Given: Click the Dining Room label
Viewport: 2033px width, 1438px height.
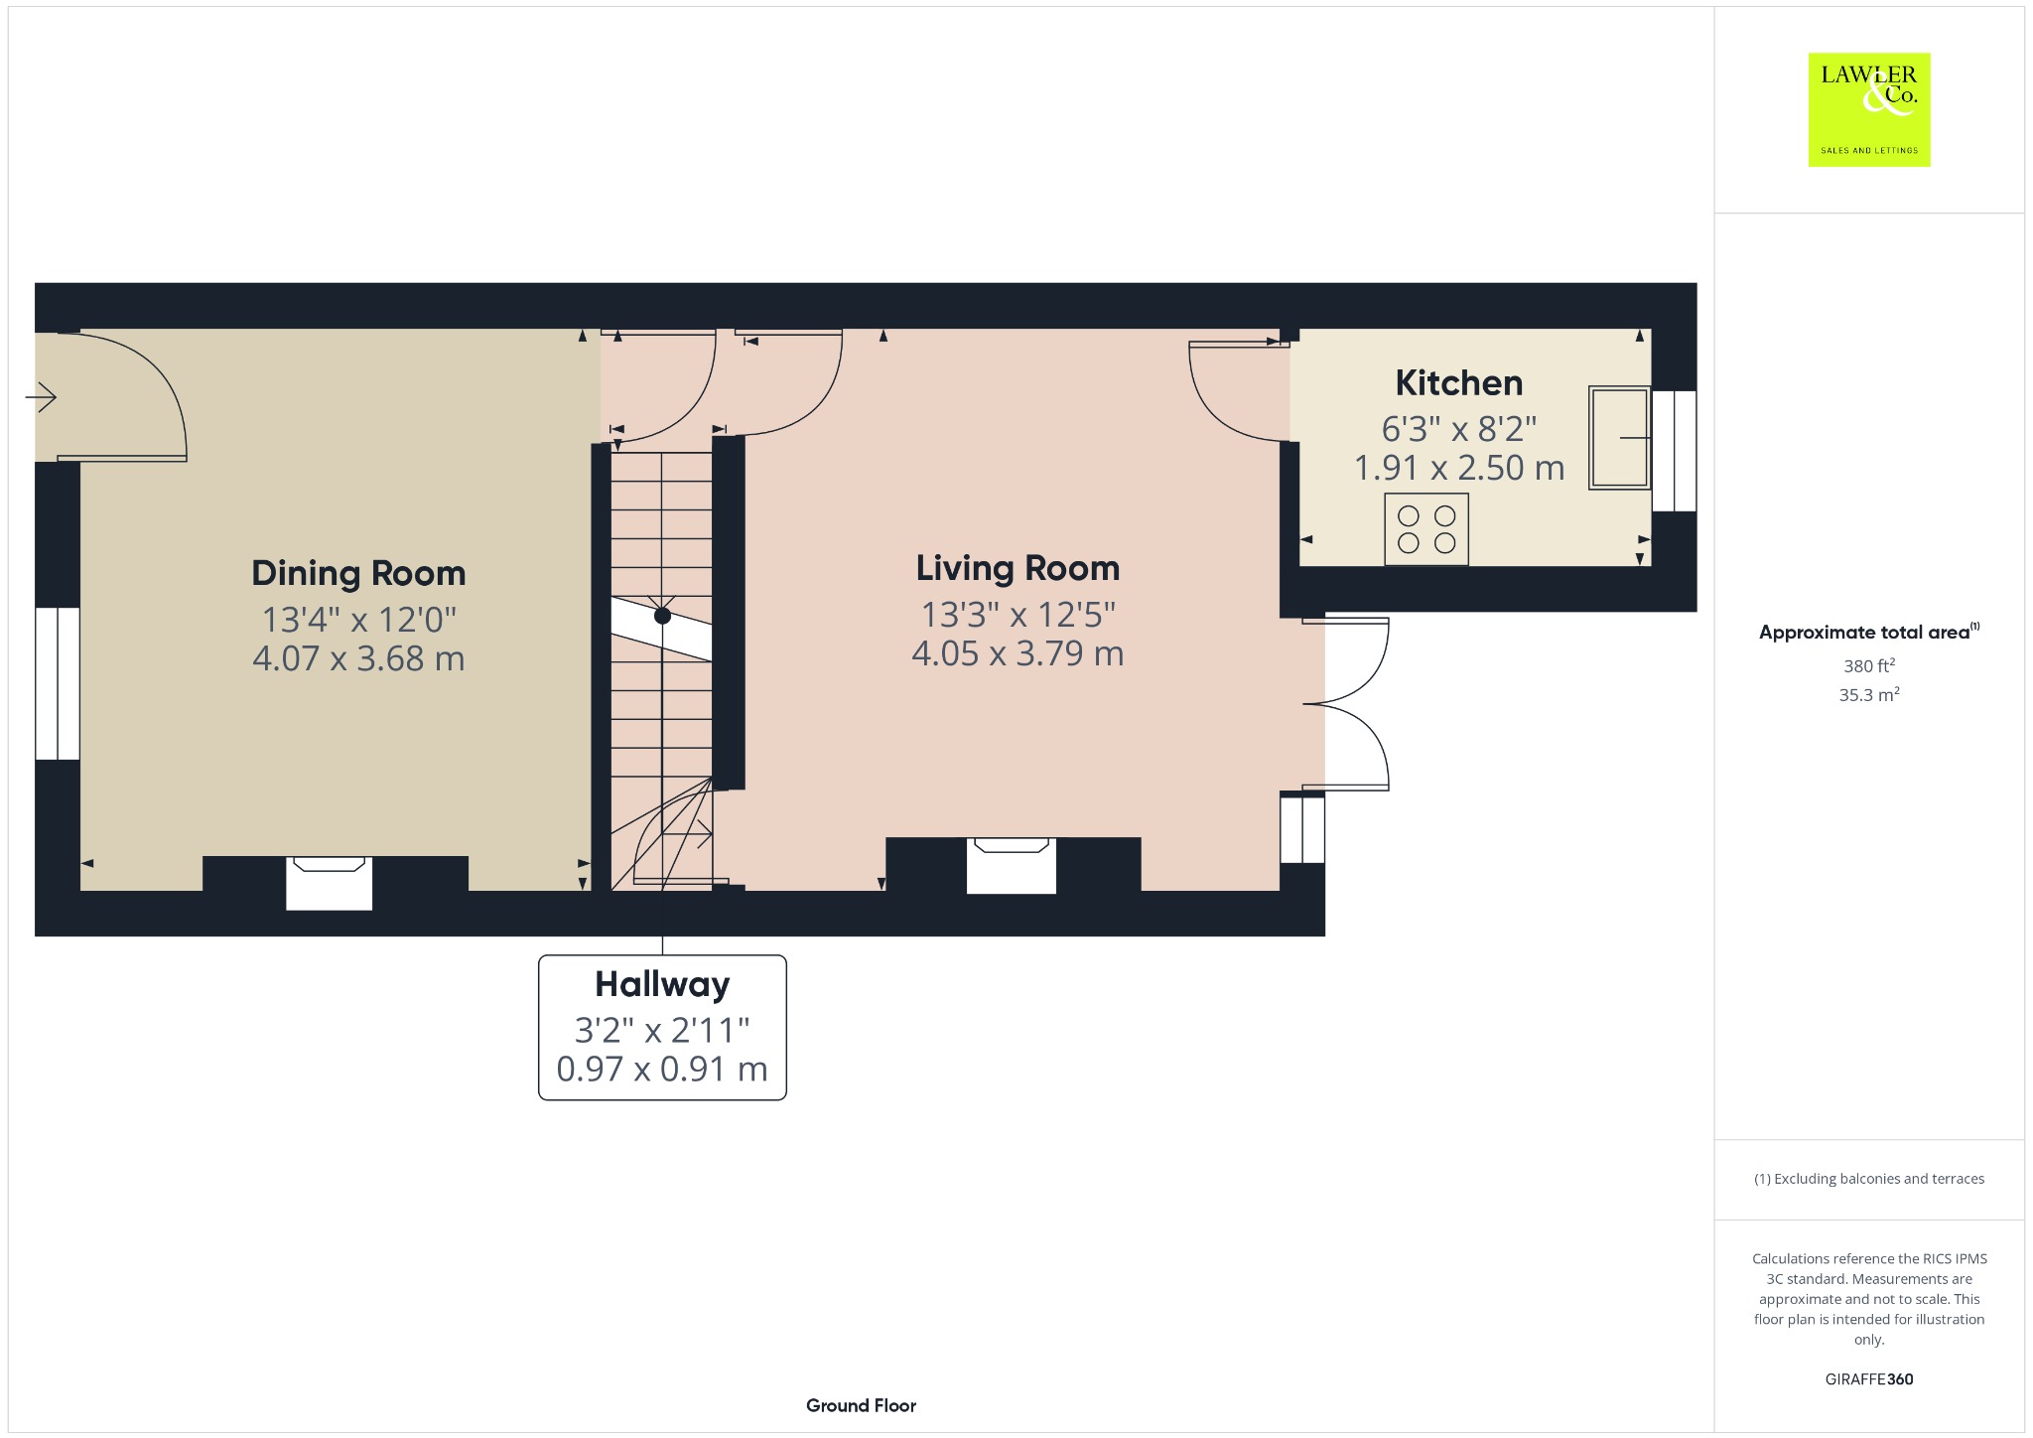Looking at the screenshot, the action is click(x=358, y=573).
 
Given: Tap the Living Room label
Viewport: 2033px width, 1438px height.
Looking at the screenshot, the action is click(x=1017, y=568).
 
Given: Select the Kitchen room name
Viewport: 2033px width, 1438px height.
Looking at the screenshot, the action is click(x=1458, y=382).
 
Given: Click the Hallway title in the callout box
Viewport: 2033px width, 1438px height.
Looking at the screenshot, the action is click(x=662, y=984).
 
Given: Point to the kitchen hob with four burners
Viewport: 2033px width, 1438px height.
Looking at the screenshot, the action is click(x=1426, y=529).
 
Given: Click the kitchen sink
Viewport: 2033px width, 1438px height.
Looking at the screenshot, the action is click(x=1619, y=437).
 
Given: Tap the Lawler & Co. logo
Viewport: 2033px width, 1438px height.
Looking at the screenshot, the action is click(x=1869, y=109).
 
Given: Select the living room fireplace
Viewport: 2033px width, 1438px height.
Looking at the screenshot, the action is click(x=1011, y=865).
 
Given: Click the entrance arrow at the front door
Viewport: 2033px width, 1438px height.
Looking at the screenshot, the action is click(x=41, y=397).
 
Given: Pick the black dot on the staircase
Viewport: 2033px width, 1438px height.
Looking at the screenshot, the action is click(x=662, y=616).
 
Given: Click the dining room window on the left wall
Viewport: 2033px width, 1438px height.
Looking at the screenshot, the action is click(x=58, y=683).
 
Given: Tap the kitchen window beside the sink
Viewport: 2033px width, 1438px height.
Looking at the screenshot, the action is click(x=1674, y=451).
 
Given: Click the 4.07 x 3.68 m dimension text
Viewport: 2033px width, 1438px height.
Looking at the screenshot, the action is click(x=358, y=658).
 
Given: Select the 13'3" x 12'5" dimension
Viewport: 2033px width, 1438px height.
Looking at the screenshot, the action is click(x=1018, y=615).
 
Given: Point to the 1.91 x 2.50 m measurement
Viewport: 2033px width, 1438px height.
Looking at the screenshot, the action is click(x=1459, y=468).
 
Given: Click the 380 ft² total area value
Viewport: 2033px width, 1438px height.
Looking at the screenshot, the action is click(x=1869, y=665).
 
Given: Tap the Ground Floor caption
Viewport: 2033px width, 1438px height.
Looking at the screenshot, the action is click(x=861, y=1405).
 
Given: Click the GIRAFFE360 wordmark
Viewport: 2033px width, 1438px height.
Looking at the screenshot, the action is click(x=1869, y=1378).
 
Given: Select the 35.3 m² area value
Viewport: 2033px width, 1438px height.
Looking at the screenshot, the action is click(x=1869, y=694).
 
